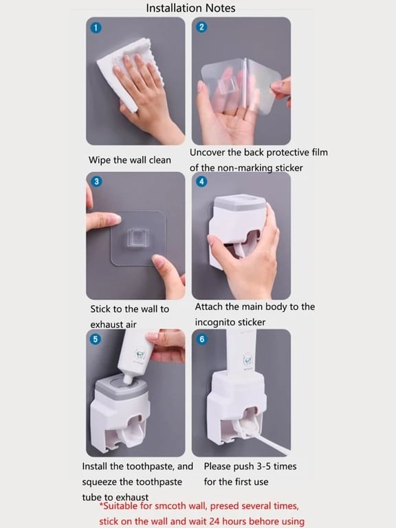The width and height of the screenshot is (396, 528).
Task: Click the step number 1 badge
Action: [96, 27]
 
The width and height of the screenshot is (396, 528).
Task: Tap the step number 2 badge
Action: [201, 27]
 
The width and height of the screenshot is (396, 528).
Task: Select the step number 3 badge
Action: [96, 181]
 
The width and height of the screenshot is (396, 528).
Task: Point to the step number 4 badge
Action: [201, 181]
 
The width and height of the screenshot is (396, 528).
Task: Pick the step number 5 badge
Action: [96, 339]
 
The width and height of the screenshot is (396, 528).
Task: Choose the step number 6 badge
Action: [201, 339]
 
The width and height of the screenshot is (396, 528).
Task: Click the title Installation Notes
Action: [190, 8]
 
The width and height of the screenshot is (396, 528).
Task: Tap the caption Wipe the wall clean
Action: [130, 160]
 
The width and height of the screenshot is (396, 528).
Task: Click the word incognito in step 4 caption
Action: [213, 322]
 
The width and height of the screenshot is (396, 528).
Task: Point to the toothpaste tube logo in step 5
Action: [140, 355]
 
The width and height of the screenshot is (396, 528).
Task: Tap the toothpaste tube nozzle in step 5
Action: [128, 379]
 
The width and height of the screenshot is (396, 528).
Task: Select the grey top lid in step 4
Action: [240, 202]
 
